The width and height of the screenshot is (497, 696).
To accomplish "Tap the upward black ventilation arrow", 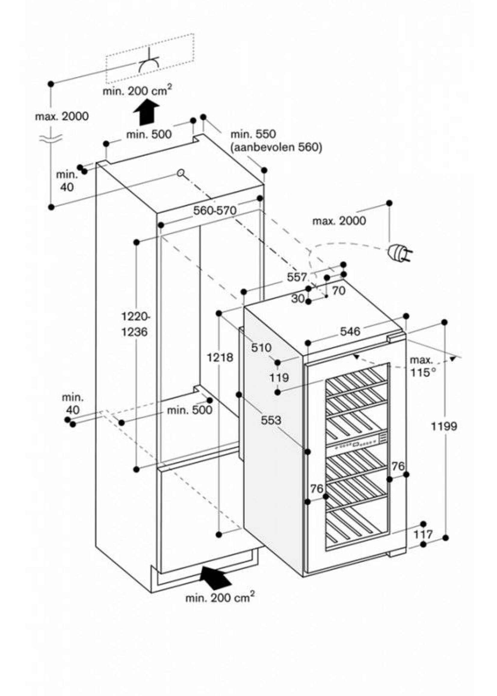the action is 146,112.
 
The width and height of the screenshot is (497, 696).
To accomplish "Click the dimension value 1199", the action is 444,426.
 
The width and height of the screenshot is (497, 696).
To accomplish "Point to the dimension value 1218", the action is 220,357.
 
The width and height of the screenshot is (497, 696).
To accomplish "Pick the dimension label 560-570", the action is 215,210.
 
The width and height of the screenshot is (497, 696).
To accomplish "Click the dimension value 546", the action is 350,331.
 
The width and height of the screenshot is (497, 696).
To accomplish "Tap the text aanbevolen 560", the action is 276,147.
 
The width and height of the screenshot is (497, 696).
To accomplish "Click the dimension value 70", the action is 339,290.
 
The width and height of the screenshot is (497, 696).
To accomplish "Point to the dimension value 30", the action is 298,299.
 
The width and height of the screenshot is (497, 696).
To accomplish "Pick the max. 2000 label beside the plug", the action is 339,221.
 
